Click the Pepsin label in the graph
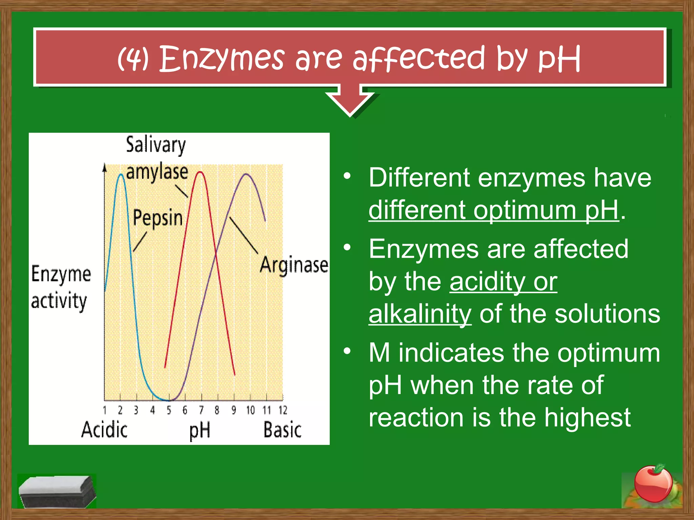[158, 218]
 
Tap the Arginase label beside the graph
[294, 265]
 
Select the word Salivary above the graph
[156, 145]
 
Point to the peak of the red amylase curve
[201, 172]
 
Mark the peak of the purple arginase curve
[246, 174]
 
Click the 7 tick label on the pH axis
[201, 410]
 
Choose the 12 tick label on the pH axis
[283, 410]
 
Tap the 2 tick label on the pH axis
[120, 410]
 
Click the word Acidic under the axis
[104, 430]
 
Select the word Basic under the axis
[282, 430]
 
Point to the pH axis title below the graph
[200, 431]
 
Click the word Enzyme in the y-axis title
[61, 274]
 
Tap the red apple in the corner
[653, 484]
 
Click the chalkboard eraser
[57, 492]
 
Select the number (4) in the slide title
[133, 58]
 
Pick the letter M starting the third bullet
[379, 353]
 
